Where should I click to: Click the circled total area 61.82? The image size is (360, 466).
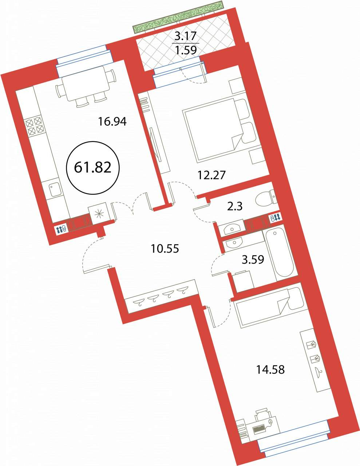tap(93, 167)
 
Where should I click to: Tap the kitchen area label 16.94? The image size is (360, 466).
tap(112, 122)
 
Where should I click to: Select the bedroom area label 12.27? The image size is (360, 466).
tap(211, 175)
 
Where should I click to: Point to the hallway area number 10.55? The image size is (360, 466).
tap(165, 249)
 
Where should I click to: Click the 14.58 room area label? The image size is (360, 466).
tap(270, 370)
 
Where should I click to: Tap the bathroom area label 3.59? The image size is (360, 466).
tap(253, 259)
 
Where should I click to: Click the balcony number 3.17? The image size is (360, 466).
tap(186, 36)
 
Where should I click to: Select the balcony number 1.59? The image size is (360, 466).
tap(186, 50)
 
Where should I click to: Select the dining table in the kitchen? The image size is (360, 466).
tap(85, 84)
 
